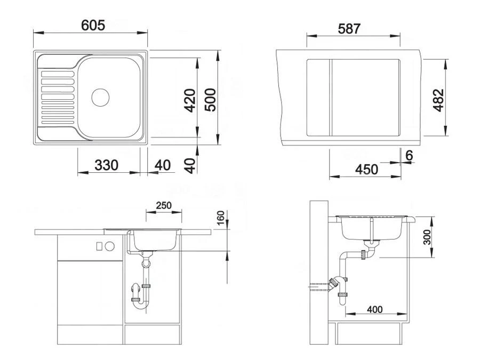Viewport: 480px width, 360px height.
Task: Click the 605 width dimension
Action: (x=93, y=25)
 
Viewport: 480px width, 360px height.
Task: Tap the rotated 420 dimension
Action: (x=190, y=99)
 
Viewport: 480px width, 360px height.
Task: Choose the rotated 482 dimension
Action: (x=438, y=100)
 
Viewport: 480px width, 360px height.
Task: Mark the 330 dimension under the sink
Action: (x=107, y=165)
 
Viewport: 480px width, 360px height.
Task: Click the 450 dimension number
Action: (x=366, y=170)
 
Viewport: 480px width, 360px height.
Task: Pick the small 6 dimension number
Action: (x=409, y=156)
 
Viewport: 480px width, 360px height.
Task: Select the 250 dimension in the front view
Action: (x=164, y=205)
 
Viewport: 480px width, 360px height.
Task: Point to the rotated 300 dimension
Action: (x=427, y=237)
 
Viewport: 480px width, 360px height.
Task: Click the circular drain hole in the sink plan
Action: (x=100, y=97)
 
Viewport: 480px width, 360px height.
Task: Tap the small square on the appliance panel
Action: (x=99, y=246)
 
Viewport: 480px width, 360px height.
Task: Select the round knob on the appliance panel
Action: (x=109, y=246)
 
